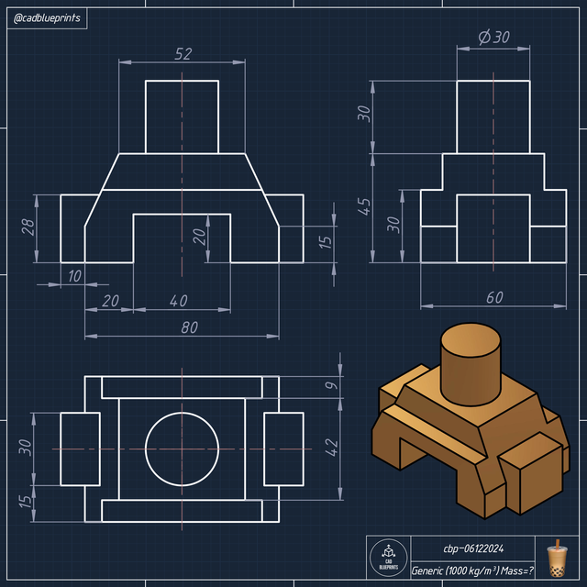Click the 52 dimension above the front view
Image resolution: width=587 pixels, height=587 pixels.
183,54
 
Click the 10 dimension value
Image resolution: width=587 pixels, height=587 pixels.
73,276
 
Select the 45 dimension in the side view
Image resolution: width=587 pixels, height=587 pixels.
364,206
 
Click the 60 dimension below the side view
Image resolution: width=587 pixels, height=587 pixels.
494,297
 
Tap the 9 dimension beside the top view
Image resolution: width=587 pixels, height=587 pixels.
331,387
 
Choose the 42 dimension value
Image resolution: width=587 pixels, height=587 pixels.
331,447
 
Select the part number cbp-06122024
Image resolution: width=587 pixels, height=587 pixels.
472,548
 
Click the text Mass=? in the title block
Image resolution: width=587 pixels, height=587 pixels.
512,570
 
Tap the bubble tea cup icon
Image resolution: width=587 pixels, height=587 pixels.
557,559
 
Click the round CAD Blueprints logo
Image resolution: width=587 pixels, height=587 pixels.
388,559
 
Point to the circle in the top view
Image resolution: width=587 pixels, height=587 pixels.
183,449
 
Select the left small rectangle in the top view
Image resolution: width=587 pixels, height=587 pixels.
80,449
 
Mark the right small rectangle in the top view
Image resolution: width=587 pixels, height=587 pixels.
283,449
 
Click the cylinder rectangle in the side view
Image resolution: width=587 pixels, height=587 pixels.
494,116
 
